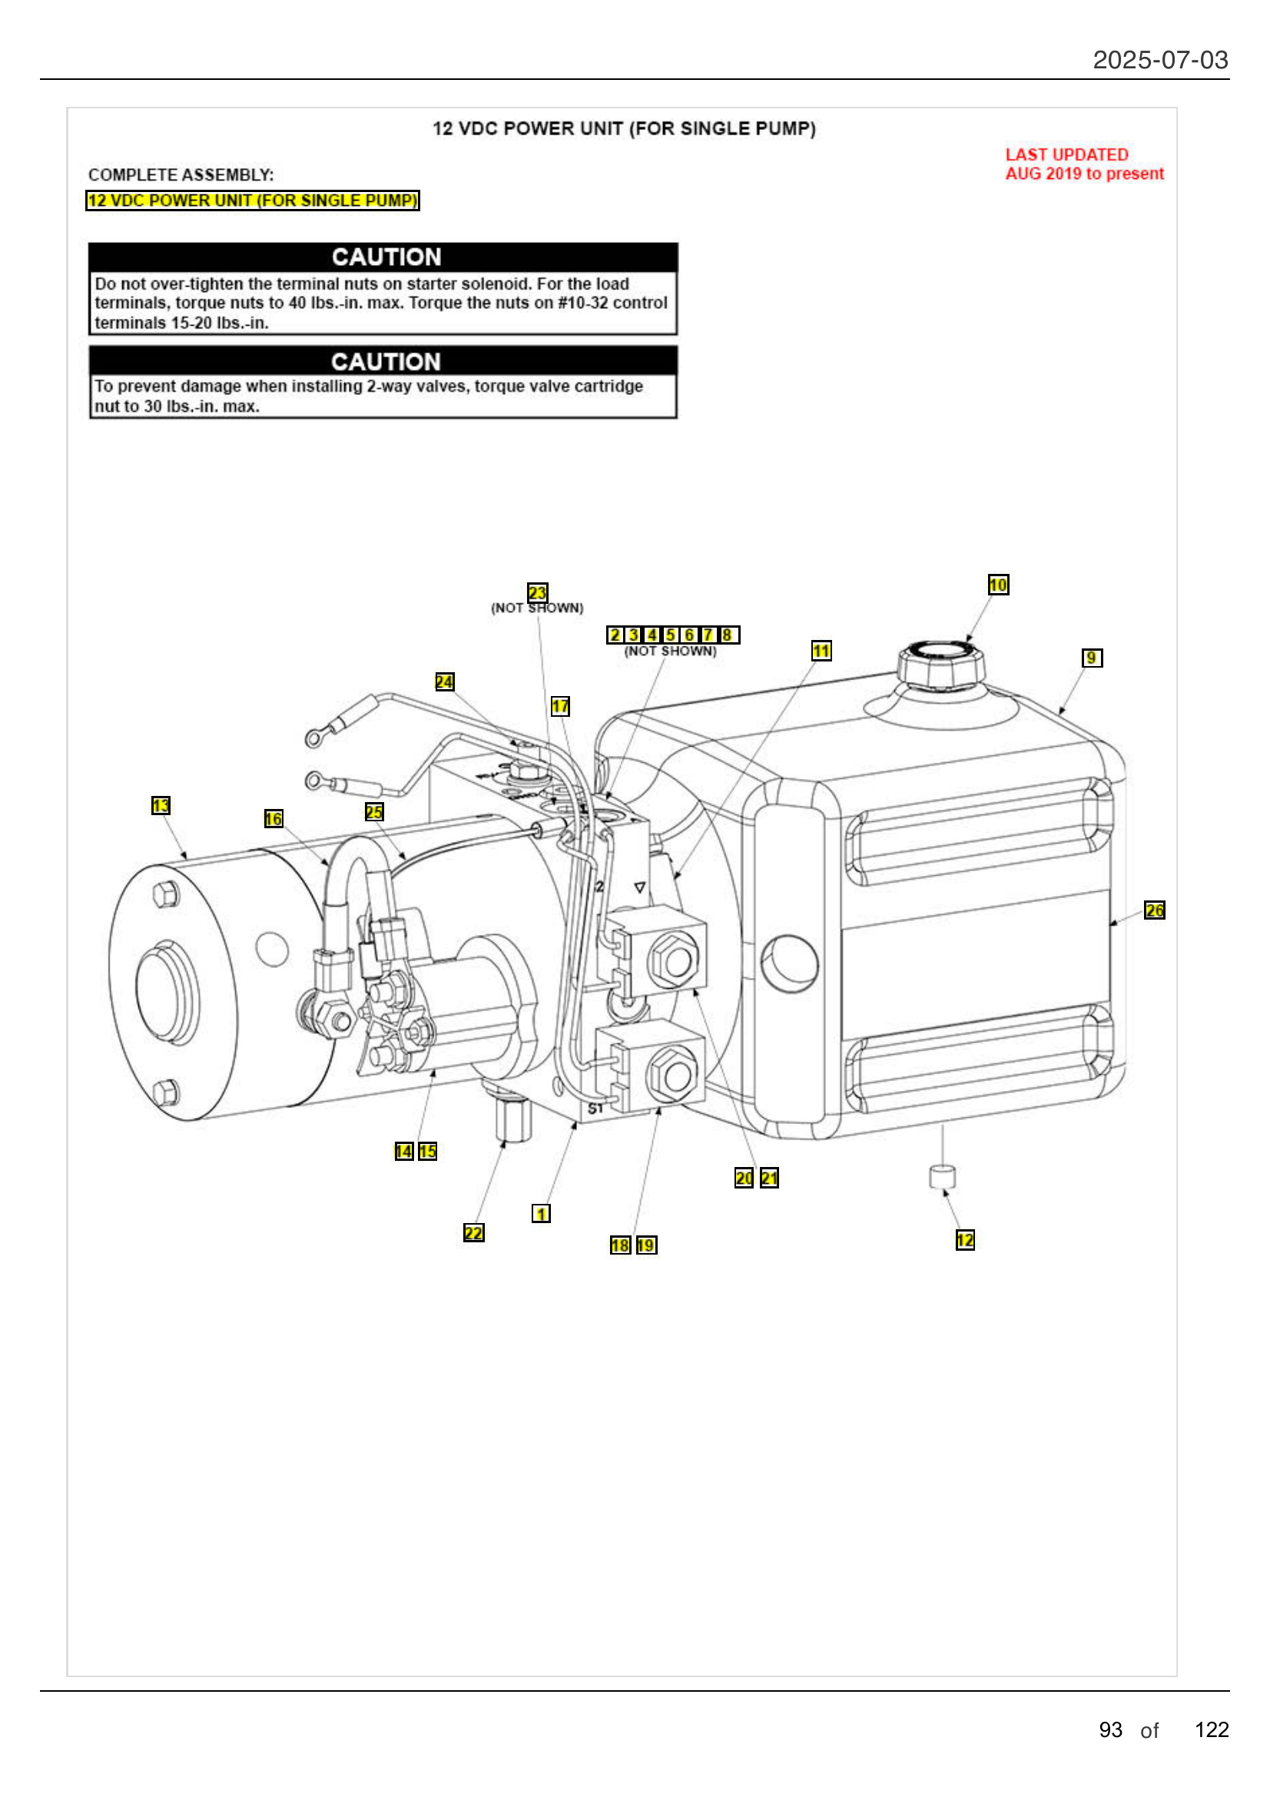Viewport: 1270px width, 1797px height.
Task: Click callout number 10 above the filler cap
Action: pyautogui.click(x=998, y=585)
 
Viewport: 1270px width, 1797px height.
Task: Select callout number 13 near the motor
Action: pyautogui.click(x=161, y=805)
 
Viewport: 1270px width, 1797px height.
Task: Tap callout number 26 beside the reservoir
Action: pyautogui.click(x=1154, y=910)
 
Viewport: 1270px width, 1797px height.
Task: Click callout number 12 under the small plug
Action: pyautogui.click(x=965, y=1240)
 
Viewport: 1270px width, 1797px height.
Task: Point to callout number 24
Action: pyautogui.click(x=443, y=681)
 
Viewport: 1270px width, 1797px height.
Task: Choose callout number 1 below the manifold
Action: pyautogui.click(x=541, y=1213)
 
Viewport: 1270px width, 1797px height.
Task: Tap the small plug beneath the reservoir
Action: pyautogui.click(x=942, y=1176)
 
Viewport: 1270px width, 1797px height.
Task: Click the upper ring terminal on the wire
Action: pyautogui.click(x=314, y=737)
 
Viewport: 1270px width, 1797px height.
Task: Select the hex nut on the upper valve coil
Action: pyautogui.click(x=675, y=959)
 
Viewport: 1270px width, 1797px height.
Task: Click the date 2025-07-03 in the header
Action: pyautogui.click(x=1159, y=60)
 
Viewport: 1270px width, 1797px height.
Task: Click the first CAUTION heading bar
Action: pyautogui.click(x=383, y=257)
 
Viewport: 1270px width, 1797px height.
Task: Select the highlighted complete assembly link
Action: pyautogui.click(x=252, y=201)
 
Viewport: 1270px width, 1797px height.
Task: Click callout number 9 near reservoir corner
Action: pyautogui.click(x=1092, y=658)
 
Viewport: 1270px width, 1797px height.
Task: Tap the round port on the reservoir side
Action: pyautogui.click(x=790, y=963)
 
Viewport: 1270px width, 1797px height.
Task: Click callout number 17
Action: pyautogui.click(x=560, y=706)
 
